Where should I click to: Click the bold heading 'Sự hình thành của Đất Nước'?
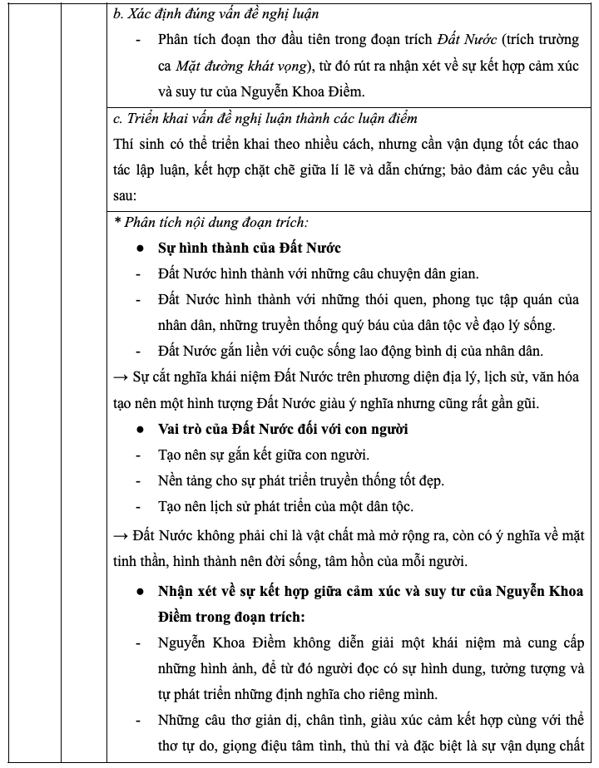click(250, 248)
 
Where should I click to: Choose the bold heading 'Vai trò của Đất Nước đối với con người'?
click(283, 429)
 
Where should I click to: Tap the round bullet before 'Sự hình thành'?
click(141, 249)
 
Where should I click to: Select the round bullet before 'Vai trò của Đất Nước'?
click(141, 430)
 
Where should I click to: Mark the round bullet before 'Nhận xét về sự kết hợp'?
click(141, 592)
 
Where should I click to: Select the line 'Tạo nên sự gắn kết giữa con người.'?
click(264, 455)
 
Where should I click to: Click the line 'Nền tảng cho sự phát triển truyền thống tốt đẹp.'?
click(301, 480)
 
